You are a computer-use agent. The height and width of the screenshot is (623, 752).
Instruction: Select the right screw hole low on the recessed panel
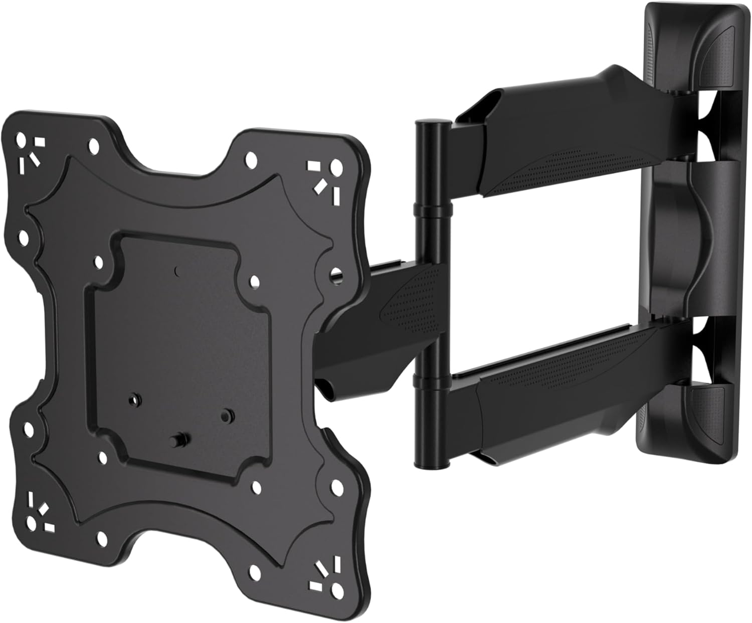pos(228,414)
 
